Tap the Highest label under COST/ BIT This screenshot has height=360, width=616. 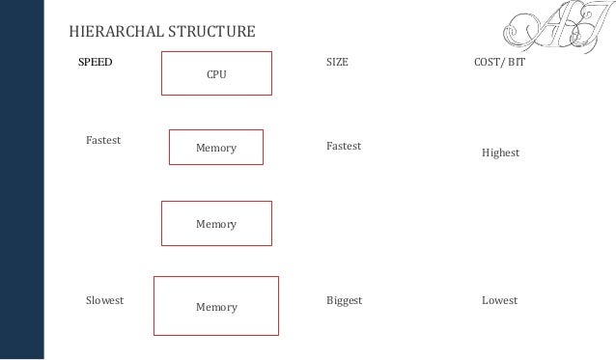tap(501, 152)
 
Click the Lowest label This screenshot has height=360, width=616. tap(499, 300)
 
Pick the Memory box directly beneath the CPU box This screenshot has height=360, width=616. tap(216, 147)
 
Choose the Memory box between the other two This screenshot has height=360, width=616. tap(216, 223)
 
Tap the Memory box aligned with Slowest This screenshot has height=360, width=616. tap(216, 307)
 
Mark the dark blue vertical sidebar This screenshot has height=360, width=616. tap(21, 180)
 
